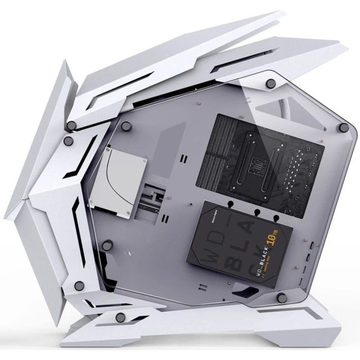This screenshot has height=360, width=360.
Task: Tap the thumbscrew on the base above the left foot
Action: [x=120, y=317]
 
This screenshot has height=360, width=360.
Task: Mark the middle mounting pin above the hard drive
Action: [x=258, y=212]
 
